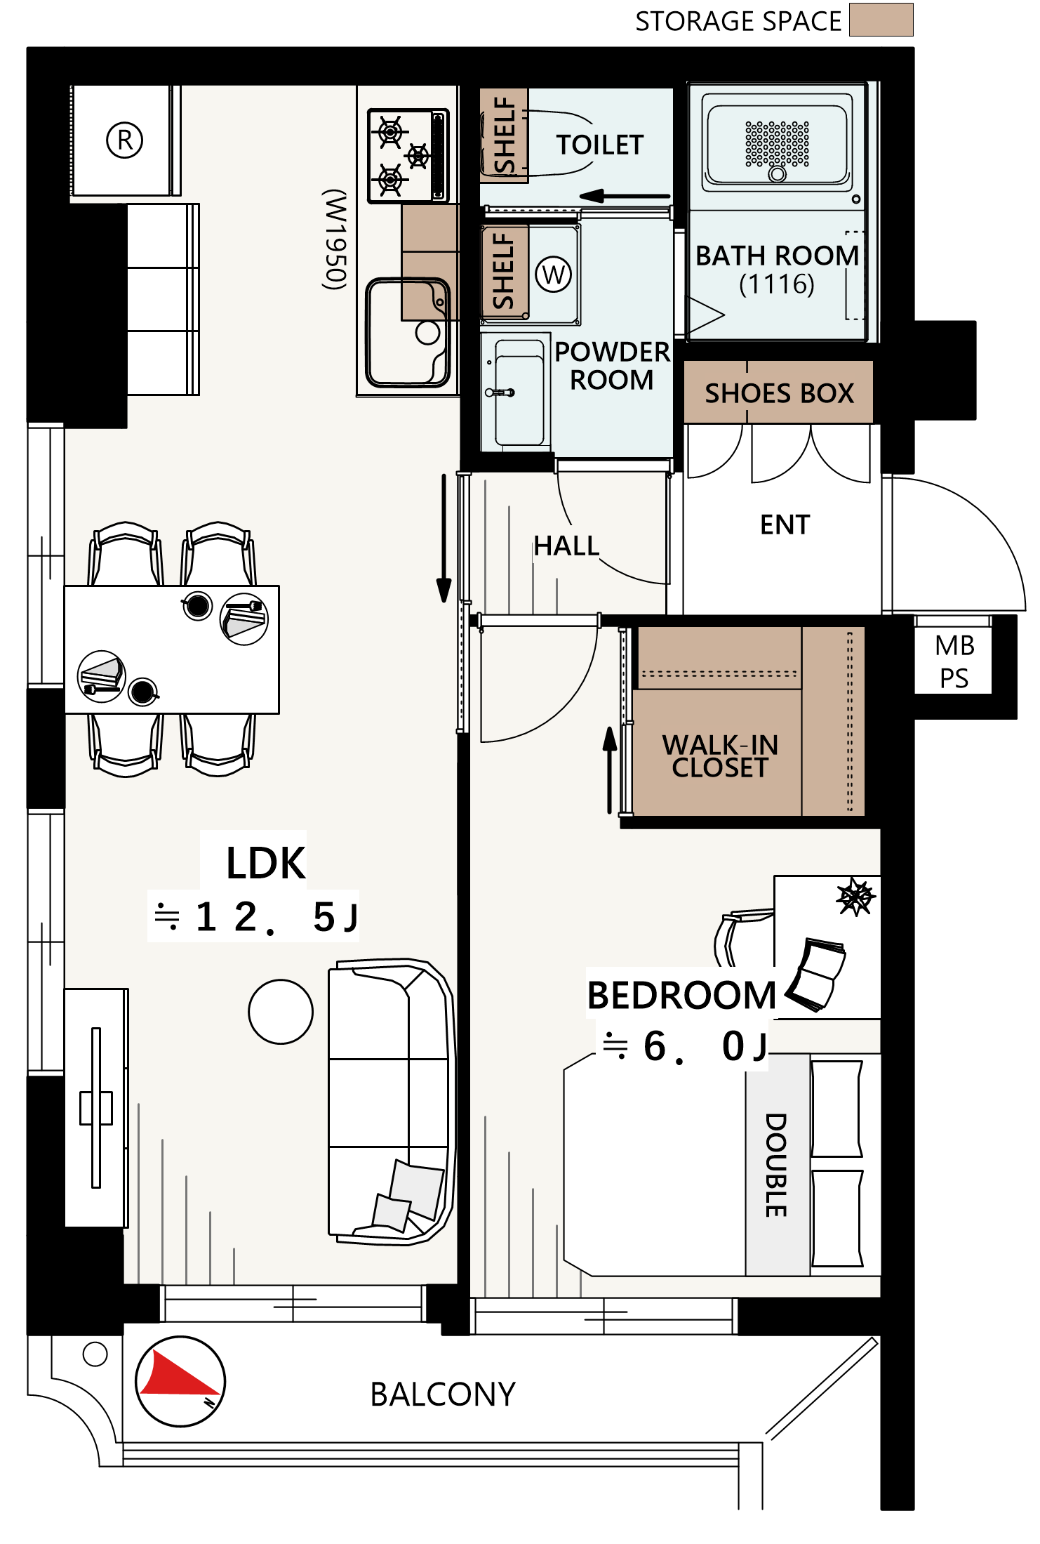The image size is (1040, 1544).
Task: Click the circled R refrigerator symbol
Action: tap(125, 140)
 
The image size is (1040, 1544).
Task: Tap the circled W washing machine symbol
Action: tap(554, 274)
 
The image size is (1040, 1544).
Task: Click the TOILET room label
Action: tap(600, 145)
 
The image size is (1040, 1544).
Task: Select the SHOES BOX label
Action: tap(779, 393)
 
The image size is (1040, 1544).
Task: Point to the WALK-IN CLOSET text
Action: tap(720, 755)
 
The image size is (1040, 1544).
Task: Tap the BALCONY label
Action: tap(443, 1394)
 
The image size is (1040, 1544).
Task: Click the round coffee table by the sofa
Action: tap(281, 1012)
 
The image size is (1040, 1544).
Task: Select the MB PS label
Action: tap(954, 661)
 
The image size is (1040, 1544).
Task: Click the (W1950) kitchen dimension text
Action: tap(335, 239)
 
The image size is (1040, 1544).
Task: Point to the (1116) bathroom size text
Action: tap(777, 284)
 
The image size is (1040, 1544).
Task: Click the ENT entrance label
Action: tap(785, 524)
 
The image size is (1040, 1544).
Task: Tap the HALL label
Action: tap(566, 546)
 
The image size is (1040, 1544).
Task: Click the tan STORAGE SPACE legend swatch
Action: tap(881, 20)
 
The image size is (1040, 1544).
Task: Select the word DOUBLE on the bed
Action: tap(776, 1165)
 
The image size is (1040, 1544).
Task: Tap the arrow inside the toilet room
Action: tap(625, 196)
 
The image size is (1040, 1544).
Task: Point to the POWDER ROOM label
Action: tap(612, 365)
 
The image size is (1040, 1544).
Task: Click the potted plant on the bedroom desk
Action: tap(855, 897)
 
